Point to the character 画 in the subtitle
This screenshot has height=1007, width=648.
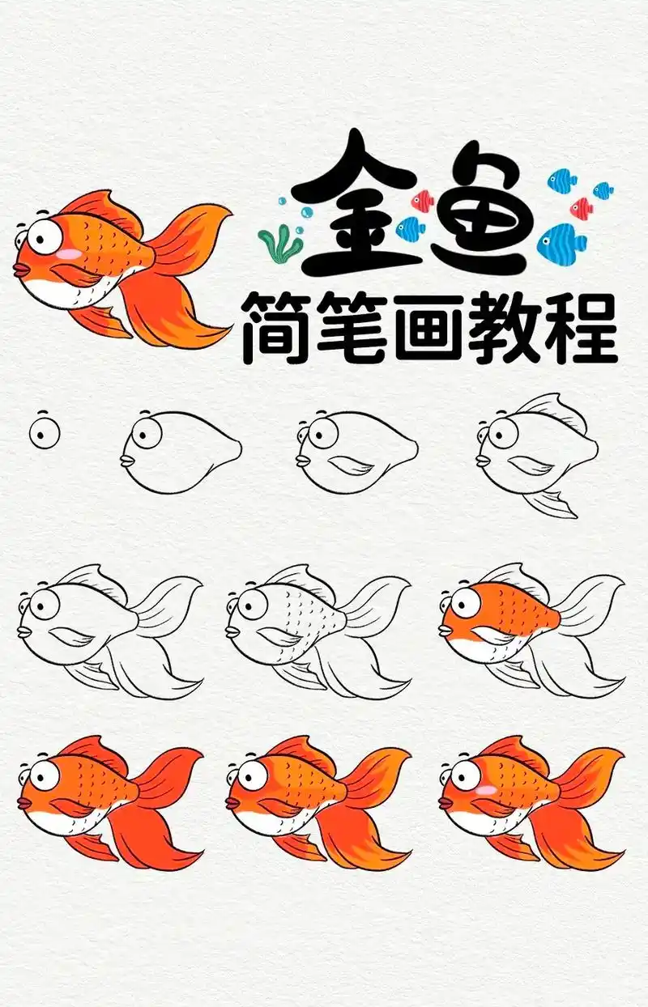point(432,326)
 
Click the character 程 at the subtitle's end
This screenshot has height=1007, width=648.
point(582,326)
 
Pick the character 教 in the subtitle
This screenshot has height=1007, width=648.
point(507,326)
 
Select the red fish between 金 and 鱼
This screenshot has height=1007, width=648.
point(422,199)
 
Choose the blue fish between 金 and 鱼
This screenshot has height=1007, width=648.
point(412,227)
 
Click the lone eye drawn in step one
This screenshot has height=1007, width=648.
point(45,433)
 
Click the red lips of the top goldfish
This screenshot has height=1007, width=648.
point(20,268)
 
